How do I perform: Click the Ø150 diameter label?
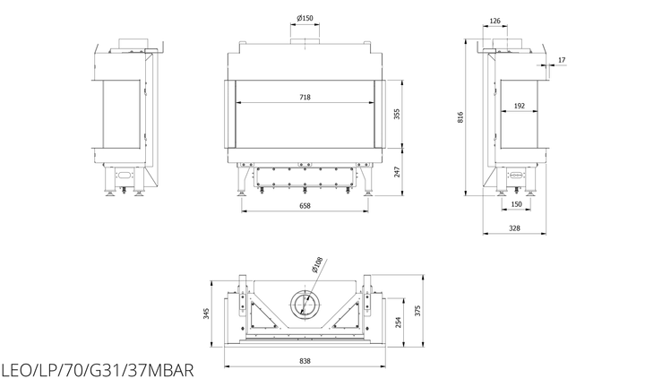tap(305, 18)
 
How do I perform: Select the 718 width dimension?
tap(305, 97)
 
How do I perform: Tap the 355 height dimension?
tap(397, 114)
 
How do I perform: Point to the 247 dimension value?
tap(397, 171)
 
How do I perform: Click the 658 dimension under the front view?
tap(305, 206)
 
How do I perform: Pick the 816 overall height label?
tap(460, 117)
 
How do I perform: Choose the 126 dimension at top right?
tap(495, 21)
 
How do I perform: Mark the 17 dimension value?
tap(562, 60)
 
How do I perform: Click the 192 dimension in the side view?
tap(520, 106)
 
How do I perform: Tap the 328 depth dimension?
tap(514, 228)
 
